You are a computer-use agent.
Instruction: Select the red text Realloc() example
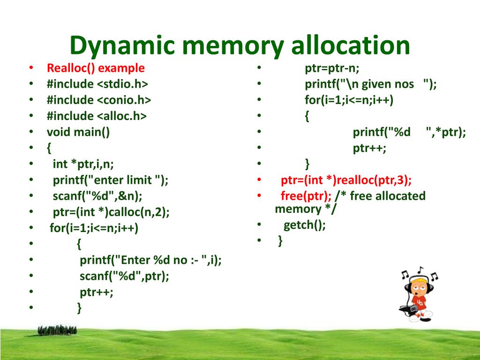[x=96, y=68]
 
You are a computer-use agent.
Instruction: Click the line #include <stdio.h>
[x=97, y=84]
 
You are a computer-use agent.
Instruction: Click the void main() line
[x=78, y=132]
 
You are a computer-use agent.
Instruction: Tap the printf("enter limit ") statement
[x=111, y=180]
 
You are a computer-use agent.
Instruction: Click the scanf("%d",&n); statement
[x=97, y=196]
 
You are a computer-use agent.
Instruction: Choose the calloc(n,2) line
[x=111, y=212]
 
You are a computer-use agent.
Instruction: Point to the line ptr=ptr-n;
[x=332, y=68]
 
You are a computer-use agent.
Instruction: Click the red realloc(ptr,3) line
[x=346, y=180]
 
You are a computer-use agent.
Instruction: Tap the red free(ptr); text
[x=306, y=196]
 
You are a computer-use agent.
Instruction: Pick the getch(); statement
[x=305, y=225]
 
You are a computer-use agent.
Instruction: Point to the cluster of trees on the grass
[x=57, y=331]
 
